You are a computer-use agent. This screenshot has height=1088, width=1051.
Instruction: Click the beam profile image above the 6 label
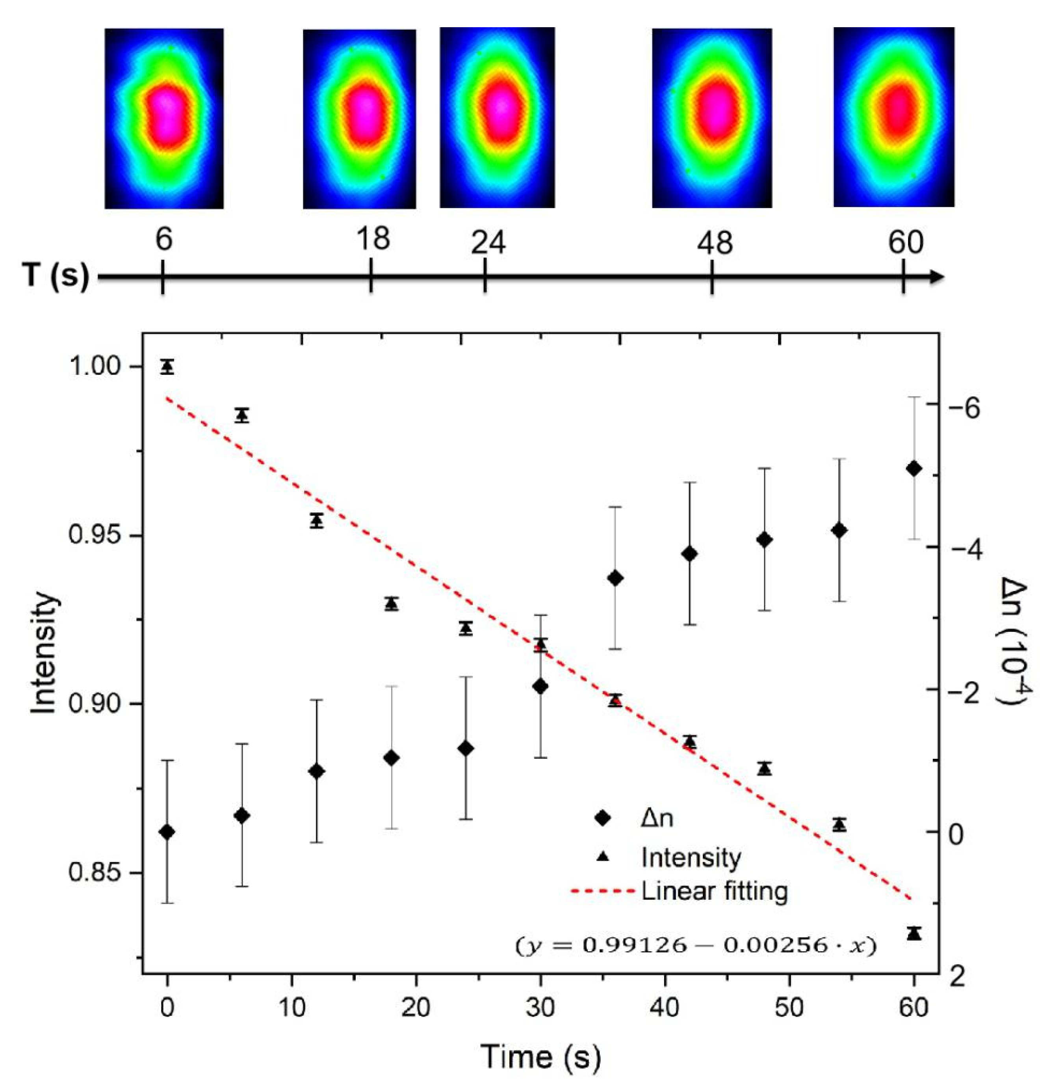coord(164,118)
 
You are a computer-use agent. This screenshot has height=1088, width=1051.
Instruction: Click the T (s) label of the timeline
coord(56,275)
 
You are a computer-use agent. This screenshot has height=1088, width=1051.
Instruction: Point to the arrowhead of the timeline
coord(936,276)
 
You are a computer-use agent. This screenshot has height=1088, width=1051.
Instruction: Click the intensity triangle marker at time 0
coord(167,367)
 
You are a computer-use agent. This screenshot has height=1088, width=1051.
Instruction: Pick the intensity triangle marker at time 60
coord(914,934)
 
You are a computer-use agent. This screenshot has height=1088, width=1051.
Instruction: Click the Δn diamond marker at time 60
coord(914,468)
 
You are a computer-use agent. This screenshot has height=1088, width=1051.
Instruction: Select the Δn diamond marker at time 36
coord(615,578)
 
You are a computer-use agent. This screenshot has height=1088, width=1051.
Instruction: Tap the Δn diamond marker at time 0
coord(167,831)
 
